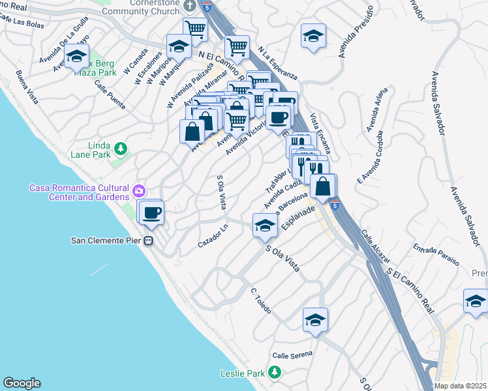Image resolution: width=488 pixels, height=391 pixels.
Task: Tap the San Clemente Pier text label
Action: click(107, 240)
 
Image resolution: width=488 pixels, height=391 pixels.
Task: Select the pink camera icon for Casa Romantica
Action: click(138, 191)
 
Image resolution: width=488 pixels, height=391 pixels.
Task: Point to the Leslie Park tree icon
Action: click(275, 372)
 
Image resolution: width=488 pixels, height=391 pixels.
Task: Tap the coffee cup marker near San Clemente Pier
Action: click(151, 212)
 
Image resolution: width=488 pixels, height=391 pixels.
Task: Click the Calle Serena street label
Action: click(292, 355)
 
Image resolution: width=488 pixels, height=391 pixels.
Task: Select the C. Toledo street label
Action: click(260, 298)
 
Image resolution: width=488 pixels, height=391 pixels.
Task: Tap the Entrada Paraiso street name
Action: click(436, 250)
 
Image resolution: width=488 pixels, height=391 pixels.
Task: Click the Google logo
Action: click(22, 383)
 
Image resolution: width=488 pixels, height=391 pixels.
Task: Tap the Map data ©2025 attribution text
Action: click(461, 386)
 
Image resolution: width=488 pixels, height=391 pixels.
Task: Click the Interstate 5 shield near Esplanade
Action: click(334, 207)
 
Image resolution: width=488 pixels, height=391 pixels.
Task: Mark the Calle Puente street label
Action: click(109, 94)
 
